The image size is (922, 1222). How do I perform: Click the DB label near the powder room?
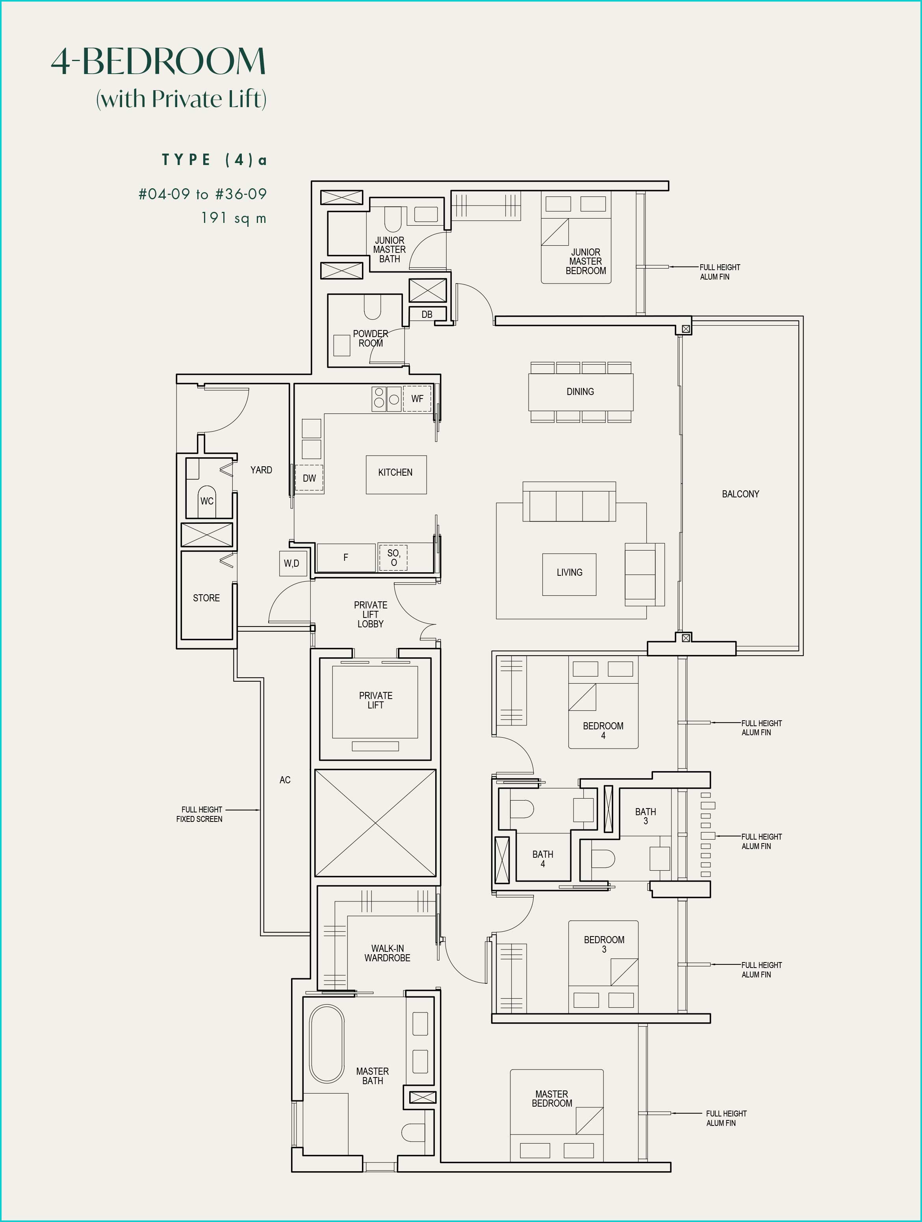(x=427, y=314)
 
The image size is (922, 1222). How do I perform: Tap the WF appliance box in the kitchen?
(x=417, y=398)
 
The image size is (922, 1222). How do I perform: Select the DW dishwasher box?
(x=309, y=478)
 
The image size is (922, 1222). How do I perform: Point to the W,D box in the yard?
(x=292, y=564)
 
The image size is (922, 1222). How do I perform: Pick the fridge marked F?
(x=346, y=557)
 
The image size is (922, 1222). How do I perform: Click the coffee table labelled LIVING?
(x=569, y=575)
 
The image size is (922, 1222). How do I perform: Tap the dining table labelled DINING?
(x=581, y=392)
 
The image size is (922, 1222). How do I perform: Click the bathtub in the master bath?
(x=327, y=1044)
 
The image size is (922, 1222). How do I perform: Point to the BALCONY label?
(x=740, y=494)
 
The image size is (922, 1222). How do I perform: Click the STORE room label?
(x=206, y=598)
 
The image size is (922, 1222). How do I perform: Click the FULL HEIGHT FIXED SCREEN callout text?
(x=199, y=814)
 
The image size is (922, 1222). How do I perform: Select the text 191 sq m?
(x=234, y=218)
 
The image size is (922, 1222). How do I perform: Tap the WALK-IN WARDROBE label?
(x=387, y=953)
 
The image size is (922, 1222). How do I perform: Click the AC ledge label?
(x=285, y=780)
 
